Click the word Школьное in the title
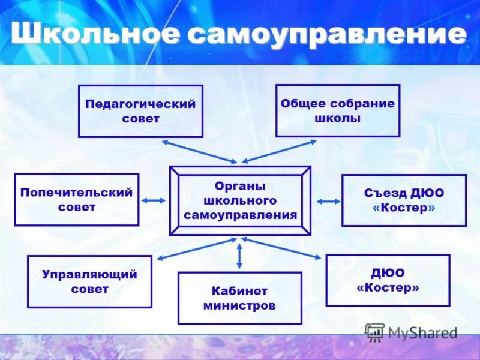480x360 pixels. tap(94, 34)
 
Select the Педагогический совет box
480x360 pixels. tap(140, 111)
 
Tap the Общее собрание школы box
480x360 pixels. tap(337, 110)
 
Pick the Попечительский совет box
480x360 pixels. tap(76, 200)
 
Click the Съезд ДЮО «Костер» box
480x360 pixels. tap(404, 200)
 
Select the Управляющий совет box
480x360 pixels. tap(89, 281)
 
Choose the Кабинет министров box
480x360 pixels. tap(239, 298)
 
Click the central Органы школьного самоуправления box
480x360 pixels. tap(240, 200)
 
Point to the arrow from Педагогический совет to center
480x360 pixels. tap(200, 151)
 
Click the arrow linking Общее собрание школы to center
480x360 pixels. tap(279, 151)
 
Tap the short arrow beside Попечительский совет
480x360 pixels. tap(154, 200)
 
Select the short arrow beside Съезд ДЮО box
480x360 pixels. tap(328, 202)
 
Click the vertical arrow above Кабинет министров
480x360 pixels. tap(239, 255)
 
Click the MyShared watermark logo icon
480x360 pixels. tap(375, 332)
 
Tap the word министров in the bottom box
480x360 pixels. tap(239, 306)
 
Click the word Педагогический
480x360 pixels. tap(140, 104)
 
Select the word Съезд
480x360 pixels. tap(385, 193)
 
